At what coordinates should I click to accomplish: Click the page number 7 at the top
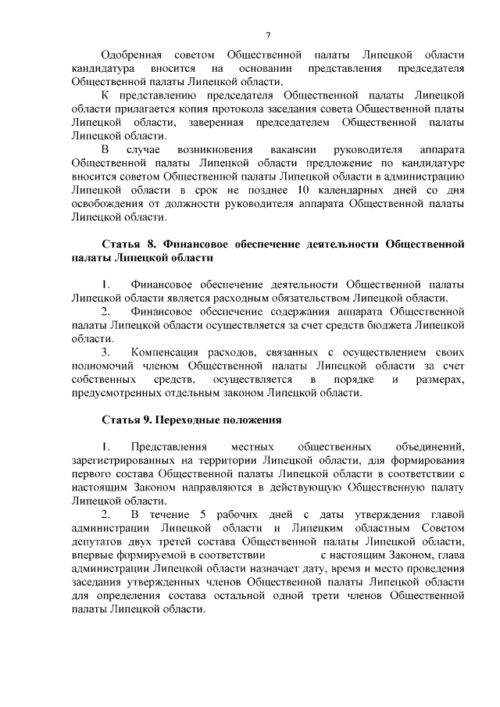pos(268,35)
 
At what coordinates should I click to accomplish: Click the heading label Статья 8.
pos(129,245)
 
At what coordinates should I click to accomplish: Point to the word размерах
pos(441,380)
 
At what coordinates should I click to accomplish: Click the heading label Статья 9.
pos(127,420)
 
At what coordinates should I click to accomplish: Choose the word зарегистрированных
pos(121,460)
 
